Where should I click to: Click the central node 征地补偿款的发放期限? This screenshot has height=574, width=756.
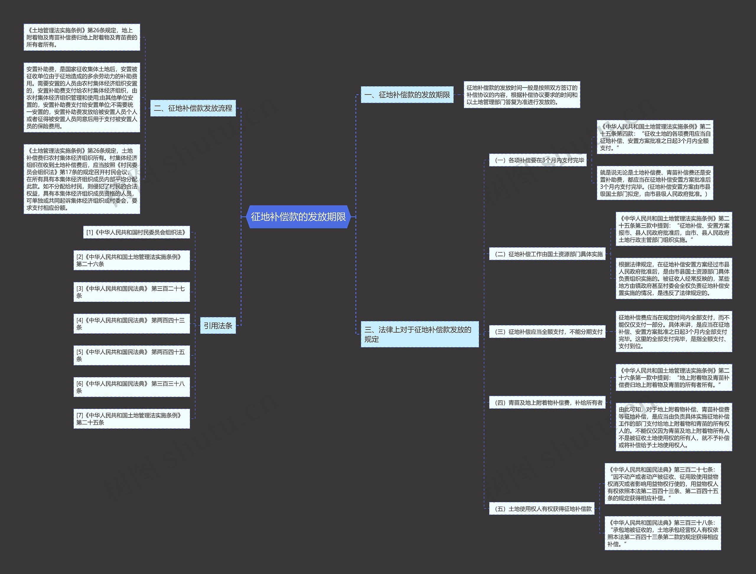coord(298,217)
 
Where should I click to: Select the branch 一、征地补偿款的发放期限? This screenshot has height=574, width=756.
coord(407,95)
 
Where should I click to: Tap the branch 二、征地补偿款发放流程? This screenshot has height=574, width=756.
coord(193,108)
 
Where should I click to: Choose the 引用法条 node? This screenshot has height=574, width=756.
coord(218,326)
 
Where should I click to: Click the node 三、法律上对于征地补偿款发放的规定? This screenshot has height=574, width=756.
coord(419,334)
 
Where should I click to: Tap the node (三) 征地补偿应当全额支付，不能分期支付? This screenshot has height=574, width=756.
coord(547,332)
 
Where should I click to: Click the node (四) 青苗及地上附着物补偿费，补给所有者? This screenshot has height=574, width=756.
coord(547,403)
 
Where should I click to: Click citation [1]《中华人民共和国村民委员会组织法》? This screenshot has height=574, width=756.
coord(136,232)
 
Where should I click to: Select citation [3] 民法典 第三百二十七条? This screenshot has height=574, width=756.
coord(132,292)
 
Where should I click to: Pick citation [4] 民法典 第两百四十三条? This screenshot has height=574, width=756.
coord(132,324)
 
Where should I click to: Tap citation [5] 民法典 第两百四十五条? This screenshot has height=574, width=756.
coord(132,355)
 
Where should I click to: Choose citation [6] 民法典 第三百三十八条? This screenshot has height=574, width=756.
coord(132,387)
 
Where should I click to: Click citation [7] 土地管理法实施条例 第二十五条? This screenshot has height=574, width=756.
coord(132,419)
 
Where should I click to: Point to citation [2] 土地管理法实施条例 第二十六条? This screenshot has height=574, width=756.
coord(132,260)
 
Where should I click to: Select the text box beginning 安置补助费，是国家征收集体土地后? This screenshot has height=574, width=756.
coord(82,98)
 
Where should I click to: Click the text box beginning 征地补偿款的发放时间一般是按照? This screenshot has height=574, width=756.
coord(522,95)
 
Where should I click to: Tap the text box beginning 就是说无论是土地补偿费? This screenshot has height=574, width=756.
coord(655,183)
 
